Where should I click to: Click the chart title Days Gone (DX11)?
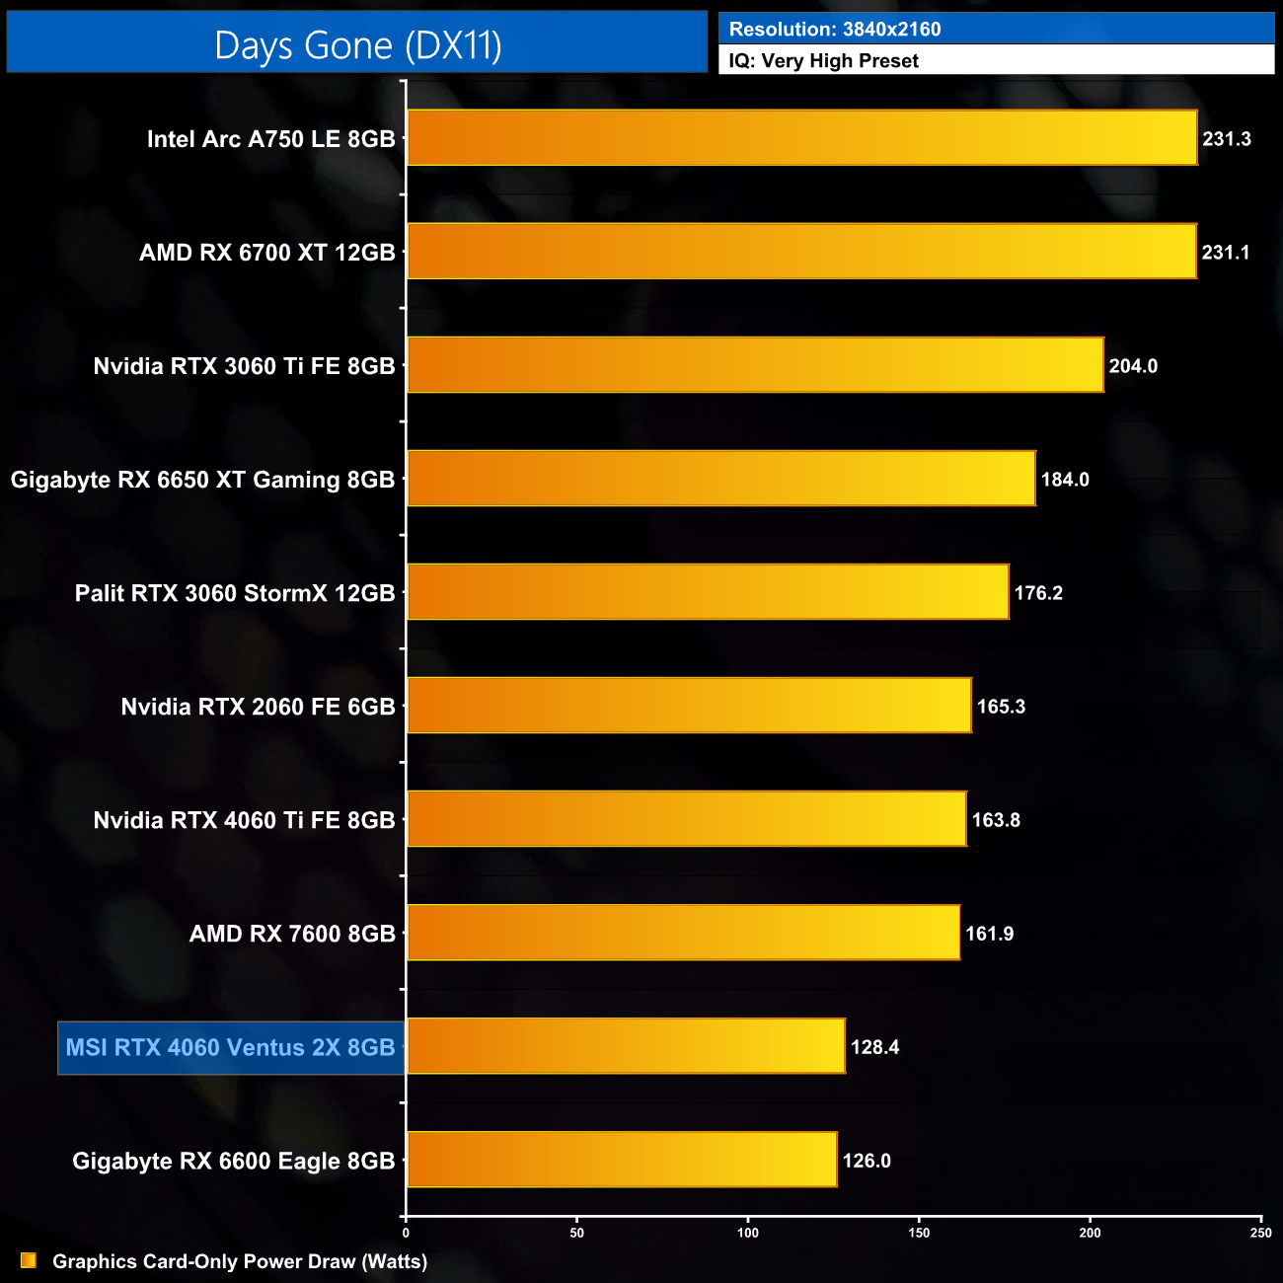[357, 45]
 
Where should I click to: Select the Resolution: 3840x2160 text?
[835, 30]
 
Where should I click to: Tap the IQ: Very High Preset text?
[823, 61]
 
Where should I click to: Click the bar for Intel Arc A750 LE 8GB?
[801, 138]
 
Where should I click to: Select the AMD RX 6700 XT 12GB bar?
[801, 252]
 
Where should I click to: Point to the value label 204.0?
[1133, 366]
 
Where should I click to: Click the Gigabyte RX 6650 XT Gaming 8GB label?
[202, 480]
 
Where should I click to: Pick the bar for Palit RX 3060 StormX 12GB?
[708, 592]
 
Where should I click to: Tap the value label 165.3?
[1001, 707]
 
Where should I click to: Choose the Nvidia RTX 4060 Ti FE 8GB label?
[244, 820]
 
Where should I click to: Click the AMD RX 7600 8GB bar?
[683, 933]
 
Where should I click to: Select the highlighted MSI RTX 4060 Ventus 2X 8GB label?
[230, 1047]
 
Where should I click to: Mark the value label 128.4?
[874, 1047]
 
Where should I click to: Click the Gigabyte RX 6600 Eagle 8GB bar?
[622, 1160]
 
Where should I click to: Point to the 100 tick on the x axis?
[748, 1233]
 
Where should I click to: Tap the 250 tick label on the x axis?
[1260, 1233]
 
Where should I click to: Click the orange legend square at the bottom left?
[29, 1260]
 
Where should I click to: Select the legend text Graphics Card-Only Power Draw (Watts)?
[240, 1261]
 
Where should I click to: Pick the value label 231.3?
[1226, 139]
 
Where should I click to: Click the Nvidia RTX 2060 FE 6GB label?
[258, 707]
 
